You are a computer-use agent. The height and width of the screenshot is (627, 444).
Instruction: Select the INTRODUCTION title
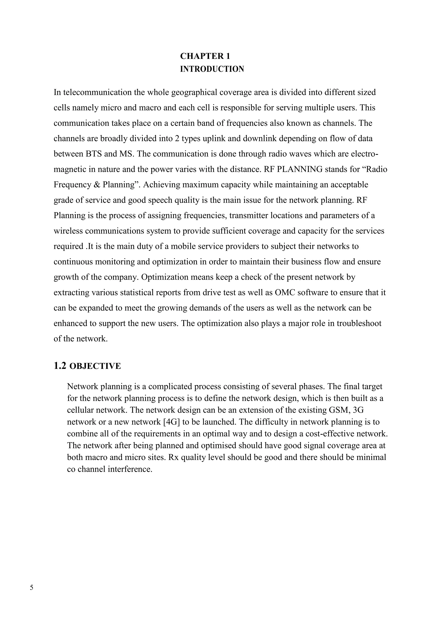(x=212, y=69)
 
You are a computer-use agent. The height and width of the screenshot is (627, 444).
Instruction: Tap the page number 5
(x=31, y=587)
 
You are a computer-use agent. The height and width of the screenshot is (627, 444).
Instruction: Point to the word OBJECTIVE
(x=95, y=366)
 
